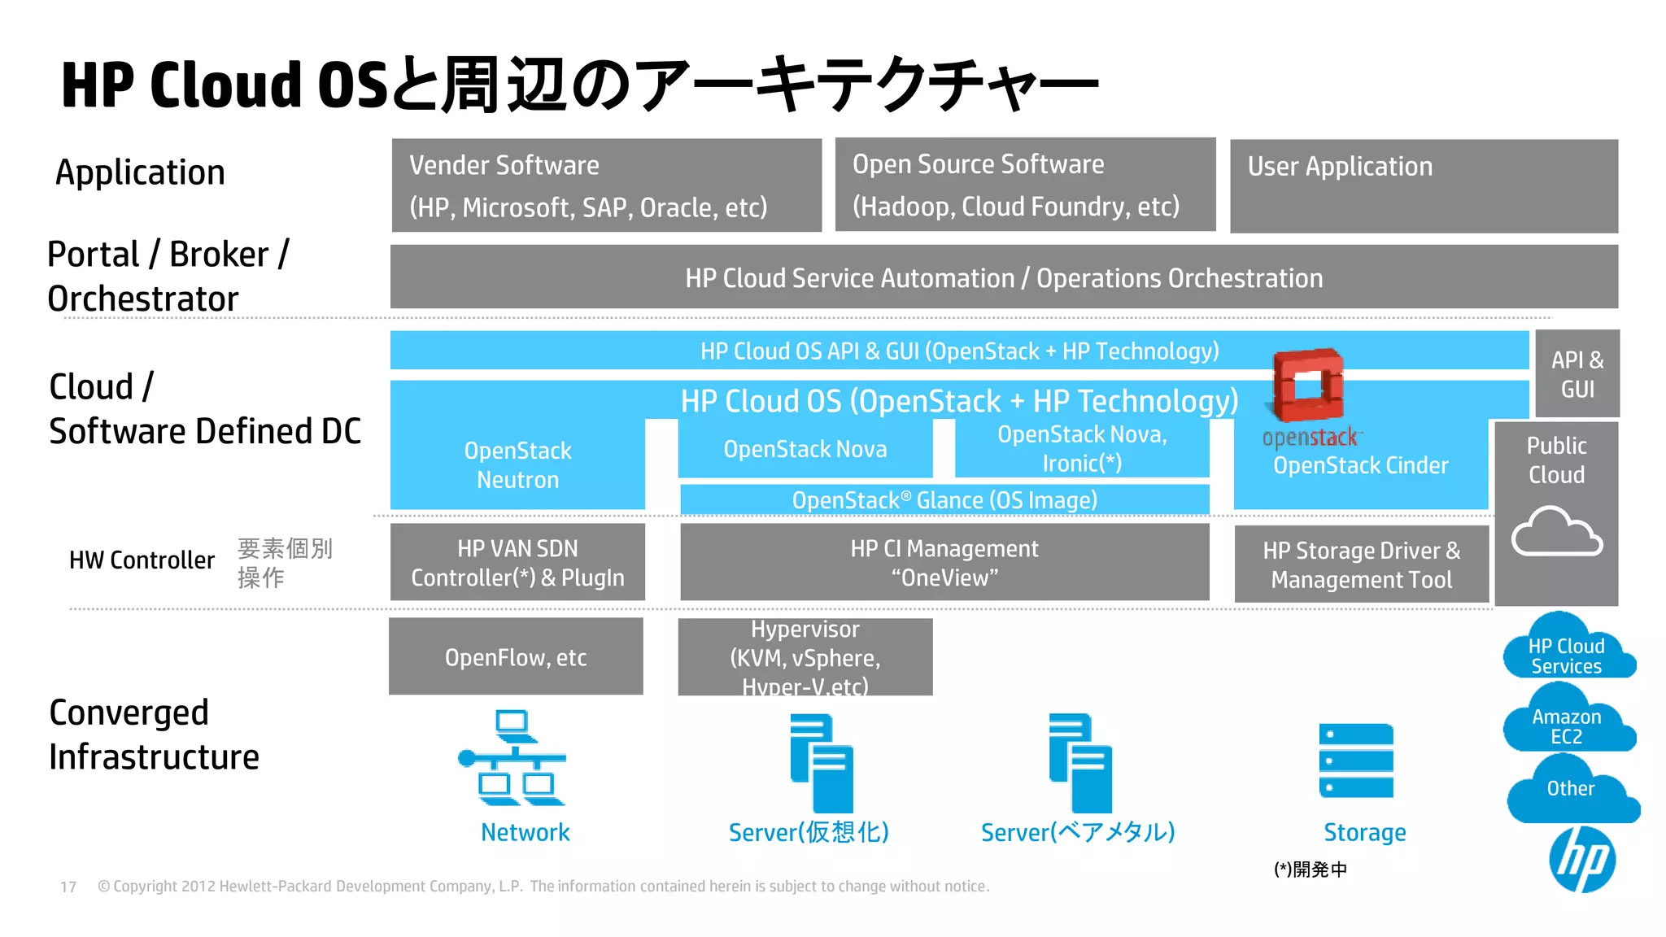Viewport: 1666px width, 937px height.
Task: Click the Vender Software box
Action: pos(606,185)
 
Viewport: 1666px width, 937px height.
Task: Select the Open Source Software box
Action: pos(1025,185)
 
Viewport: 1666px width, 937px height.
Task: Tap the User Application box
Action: pos(1424,186)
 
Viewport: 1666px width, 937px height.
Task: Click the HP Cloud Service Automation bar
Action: pos(1004,277)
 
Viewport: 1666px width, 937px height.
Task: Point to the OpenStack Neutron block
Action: pos(517,465)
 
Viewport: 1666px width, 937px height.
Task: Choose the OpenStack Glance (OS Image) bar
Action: pos(944,500)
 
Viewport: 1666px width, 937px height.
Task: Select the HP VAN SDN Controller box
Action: pos(517,562)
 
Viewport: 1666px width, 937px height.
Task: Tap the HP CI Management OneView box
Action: pos(944,562)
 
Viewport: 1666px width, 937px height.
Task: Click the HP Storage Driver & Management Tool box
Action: pos(1361,564)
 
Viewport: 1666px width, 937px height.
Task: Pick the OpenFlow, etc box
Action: pos(516,656)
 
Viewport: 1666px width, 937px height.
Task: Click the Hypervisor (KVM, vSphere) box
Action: pos(805,657)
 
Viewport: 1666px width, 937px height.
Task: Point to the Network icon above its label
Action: pos(513,758)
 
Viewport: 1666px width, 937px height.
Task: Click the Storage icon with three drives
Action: pos(1356,760)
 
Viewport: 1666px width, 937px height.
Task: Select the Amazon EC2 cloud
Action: pos(1568,723)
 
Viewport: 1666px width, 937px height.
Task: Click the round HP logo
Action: pos(1581,860)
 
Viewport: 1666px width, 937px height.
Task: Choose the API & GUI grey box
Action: pos(1577,374)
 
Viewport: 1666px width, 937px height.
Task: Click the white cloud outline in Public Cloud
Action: pos(1556,532)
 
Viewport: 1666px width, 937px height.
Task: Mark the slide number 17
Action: pos(68,887)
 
